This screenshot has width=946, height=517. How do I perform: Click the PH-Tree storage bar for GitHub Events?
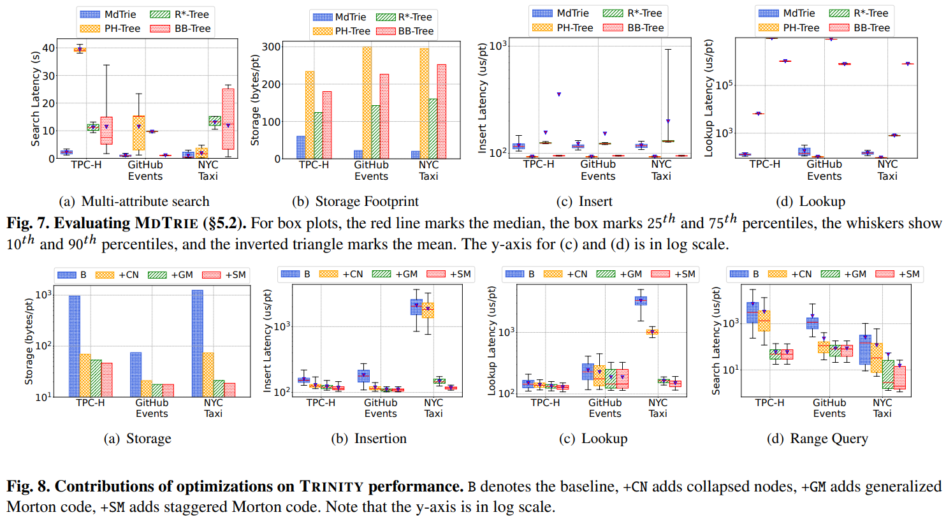click(367, 103)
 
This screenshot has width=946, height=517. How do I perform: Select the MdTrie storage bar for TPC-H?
click(300, 147)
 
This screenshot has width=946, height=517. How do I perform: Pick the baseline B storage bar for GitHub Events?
click(135, 374)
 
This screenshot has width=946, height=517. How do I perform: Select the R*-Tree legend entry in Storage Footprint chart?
click(401, 17)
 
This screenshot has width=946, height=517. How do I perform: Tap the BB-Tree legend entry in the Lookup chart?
click(864, 28)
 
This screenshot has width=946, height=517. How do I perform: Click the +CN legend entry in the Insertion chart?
click(349, 274)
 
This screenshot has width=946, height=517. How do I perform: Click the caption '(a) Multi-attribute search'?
click(133, 201)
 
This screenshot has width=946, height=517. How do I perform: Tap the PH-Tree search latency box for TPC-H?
click(80, 49)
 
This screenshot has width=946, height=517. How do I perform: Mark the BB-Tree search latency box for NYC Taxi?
click(228, 119)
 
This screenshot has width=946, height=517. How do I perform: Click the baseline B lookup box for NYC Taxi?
click(641, 301)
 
